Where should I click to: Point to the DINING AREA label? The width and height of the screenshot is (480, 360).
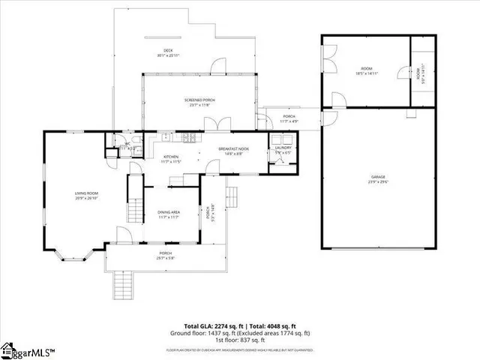pyautogui.click(x=169, y=214)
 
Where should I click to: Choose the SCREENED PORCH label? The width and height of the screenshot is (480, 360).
pyautogui.click(x=200, y=102)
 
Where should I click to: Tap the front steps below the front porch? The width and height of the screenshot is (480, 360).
pyautogui.click(x=123, y=285)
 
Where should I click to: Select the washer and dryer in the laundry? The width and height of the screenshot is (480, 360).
pyautogui.click(x=283, y=139)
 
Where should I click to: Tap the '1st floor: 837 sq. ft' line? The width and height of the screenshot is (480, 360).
pyautogui.click(x=240, y=340)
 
